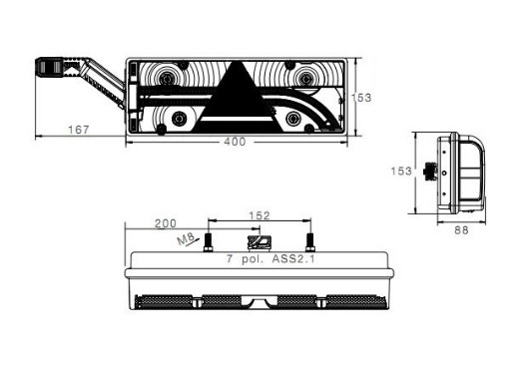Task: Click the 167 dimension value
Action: point(78,130)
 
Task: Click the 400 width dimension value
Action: point(235,142)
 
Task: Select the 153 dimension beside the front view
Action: point(361,98)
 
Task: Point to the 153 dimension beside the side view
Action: point(401,172)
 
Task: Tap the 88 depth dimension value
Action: point(461,230)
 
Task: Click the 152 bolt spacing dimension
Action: point(260,215)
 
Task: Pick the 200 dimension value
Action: point(166,223)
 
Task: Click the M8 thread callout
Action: point(186,239)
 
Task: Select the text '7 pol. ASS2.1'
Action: point(270,259)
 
